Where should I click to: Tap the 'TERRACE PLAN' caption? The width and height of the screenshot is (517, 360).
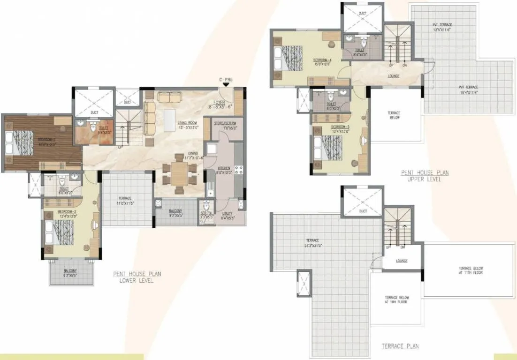(x=400, y=346)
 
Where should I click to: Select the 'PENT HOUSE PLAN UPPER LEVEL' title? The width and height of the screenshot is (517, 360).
(x=425, y=176)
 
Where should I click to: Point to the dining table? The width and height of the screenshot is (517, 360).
(x=178, y=173)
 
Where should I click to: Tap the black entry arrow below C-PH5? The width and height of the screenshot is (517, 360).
(x=226, y=84)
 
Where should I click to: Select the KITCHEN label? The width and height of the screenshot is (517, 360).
(x=223, y=168)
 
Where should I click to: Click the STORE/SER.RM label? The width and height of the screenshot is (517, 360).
(x=223, y=125)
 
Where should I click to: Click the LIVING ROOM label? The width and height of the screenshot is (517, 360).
(x=186, y=124)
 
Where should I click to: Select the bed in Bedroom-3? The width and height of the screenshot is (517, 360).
(x=327, y=149)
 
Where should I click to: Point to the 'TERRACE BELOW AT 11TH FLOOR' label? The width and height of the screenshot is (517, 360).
(x=471, y=270)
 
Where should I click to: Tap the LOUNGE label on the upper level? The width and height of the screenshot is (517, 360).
(x=394, y=75)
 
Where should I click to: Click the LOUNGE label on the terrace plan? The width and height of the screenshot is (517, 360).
(x=402, y=261)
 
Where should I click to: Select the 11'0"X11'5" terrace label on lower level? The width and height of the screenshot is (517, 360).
(x=125, y=201)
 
